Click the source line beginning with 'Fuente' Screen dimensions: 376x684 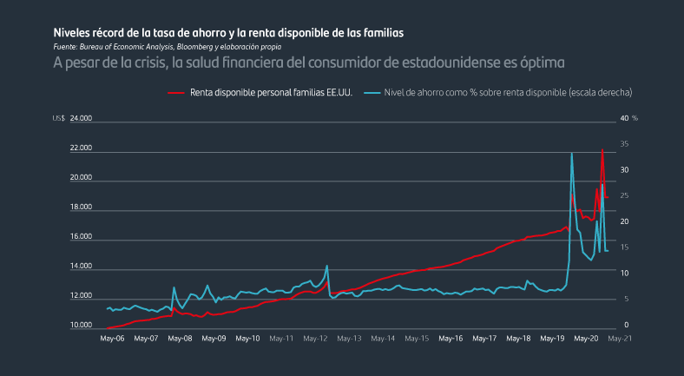point(167,46)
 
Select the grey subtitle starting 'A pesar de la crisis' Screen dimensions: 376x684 point(308,63)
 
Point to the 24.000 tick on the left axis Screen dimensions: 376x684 point(81,117)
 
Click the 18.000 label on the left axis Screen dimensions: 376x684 point(81,208)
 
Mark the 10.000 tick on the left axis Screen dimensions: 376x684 point(81,326)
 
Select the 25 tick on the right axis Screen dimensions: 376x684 point(625,195)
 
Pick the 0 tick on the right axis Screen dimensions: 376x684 point(623,326)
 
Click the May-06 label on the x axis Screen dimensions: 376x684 point(113,339)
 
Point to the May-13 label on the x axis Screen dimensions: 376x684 point(350,339)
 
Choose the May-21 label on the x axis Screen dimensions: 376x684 point(620,339)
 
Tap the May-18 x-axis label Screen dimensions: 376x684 point(519,339)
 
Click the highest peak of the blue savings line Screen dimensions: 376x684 point(572,154)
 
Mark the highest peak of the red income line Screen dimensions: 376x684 point(602,149)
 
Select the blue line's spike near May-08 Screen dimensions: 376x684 point(174,287)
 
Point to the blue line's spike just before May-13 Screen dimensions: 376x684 point(326,266)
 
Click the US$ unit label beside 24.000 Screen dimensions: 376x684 point(59,117)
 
